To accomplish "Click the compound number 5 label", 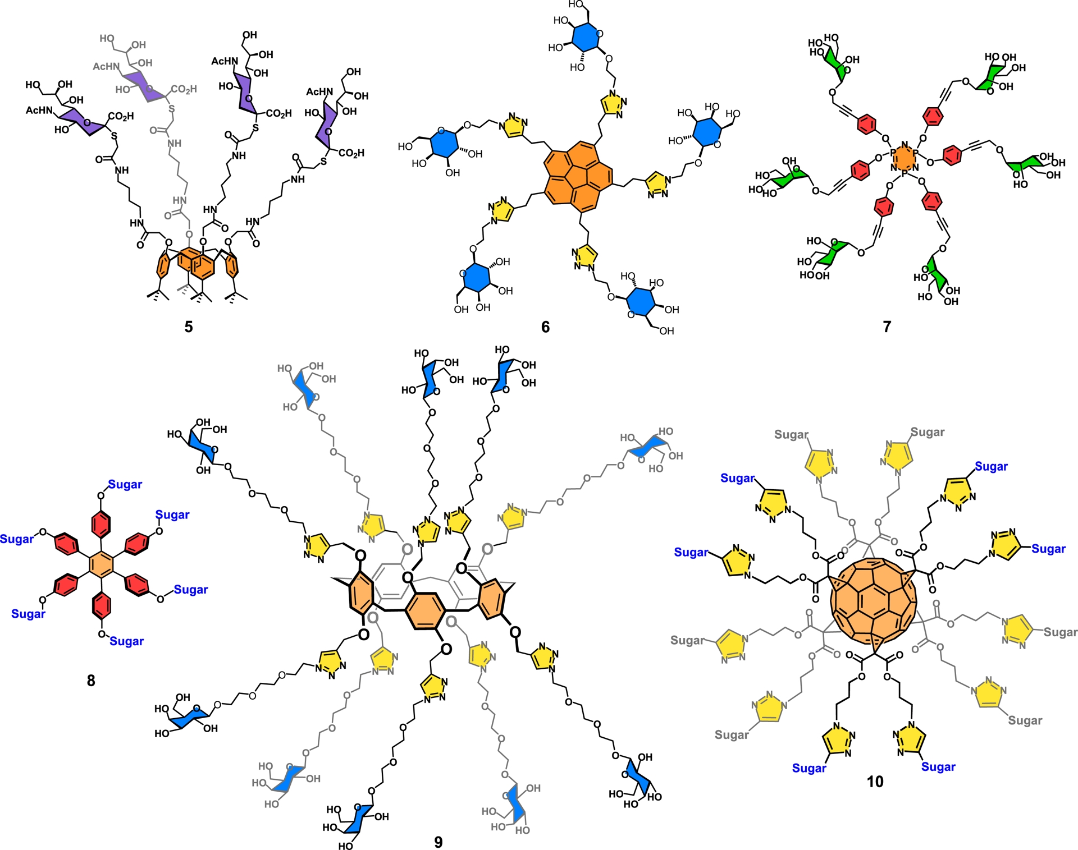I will tap(189, 327).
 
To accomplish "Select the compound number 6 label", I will tap(545, 327).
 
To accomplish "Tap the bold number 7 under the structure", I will tap(887, 327).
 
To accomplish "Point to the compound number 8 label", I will tap(91, 681).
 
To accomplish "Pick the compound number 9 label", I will tap(438, 842).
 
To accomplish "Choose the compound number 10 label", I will tap(875, 782).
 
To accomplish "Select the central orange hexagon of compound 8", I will tap(102, 564).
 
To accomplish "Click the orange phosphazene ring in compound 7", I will tap(904, 159).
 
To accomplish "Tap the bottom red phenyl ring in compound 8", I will tap(101, 605).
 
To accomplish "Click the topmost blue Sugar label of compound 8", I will tap(125, 484).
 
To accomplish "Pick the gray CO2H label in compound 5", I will tap(184, 89).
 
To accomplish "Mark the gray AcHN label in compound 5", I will tap(106, 66).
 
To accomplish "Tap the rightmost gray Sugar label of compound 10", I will tap(1060, 632).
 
